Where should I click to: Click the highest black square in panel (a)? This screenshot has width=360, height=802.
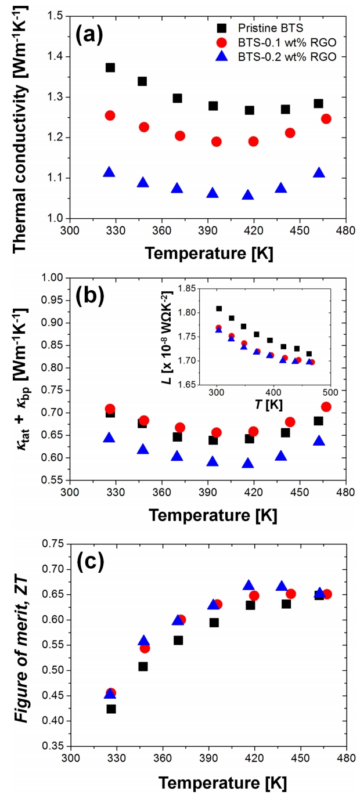point(110,68)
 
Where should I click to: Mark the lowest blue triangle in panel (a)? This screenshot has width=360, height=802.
point(248,195)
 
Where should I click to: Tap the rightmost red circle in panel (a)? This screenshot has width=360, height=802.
point(326,119)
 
